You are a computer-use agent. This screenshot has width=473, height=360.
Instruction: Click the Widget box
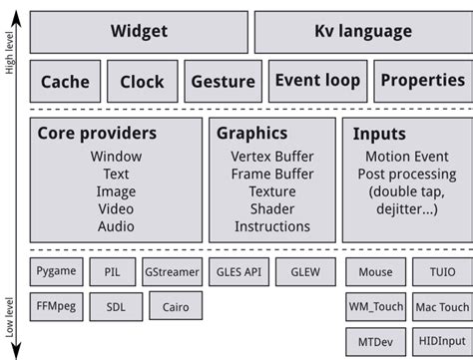139,31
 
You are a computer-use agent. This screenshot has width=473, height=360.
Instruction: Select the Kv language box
363,31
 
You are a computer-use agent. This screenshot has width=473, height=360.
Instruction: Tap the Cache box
65,82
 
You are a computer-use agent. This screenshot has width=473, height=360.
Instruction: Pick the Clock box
142,82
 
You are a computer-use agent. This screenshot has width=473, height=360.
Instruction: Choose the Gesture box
223,82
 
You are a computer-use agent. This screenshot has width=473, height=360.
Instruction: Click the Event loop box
316,81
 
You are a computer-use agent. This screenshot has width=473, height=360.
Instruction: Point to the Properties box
423,81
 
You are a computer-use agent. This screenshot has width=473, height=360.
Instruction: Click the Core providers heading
97,133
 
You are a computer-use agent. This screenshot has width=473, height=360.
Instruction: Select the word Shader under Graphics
271,208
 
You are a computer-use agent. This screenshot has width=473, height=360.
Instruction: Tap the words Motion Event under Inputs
409,157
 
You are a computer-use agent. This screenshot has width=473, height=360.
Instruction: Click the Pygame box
56,270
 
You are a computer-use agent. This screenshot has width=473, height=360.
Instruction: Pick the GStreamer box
172,271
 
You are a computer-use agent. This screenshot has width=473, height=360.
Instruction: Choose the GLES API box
238,271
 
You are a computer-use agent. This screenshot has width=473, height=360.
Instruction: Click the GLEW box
304,271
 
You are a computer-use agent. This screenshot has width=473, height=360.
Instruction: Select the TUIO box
440,271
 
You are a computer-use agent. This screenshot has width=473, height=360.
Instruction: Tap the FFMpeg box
56,305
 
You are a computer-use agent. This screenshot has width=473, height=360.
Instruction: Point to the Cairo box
176,306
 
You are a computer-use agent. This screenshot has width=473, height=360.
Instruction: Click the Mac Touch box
440,306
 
